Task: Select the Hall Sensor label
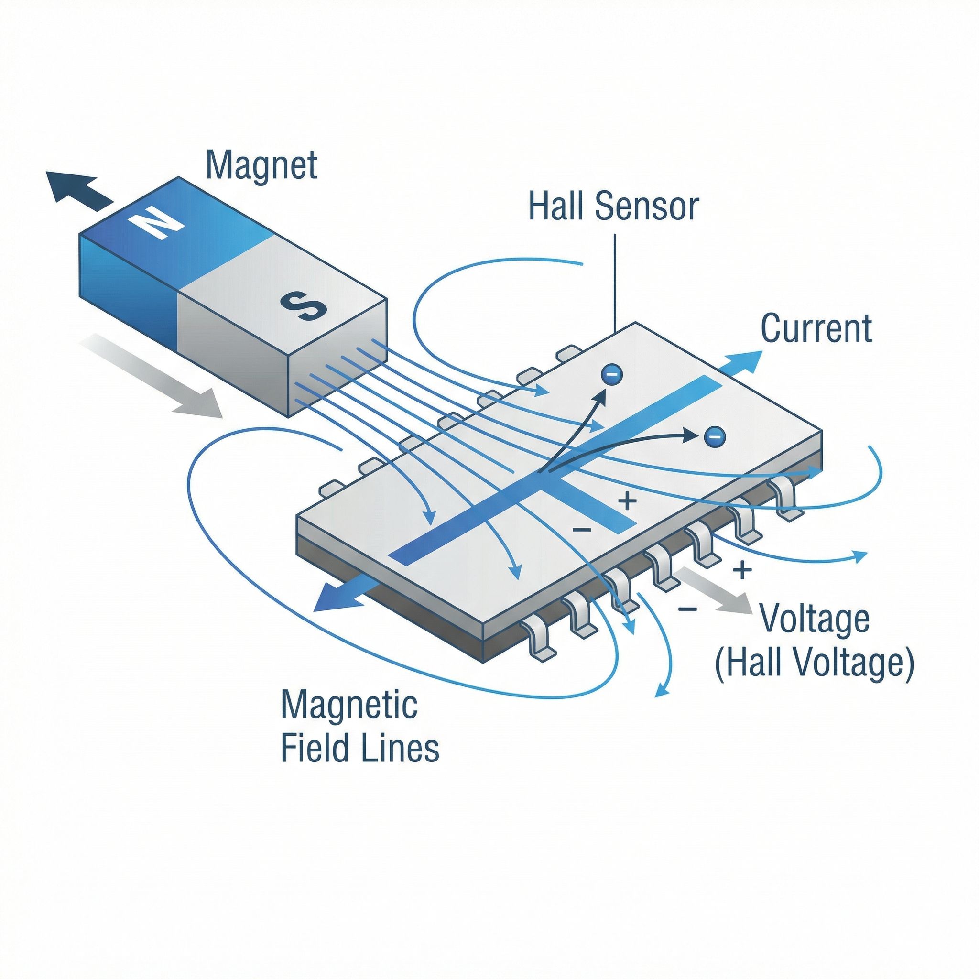[x=613, y=206]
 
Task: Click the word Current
[x=816, y=328]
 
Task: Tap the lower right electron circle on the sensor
[x=715, y=435]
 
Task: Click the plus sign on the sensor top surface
[x=627, y=501]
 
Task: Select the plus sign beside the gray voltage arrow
[x=742, y=571]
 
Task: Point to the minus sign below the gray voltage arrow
[x=687, y=609]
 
